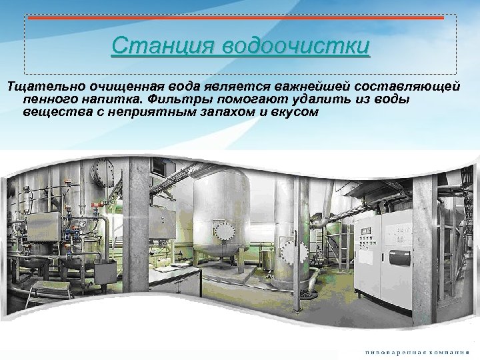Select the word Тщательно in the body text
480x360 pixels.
coord(41,87)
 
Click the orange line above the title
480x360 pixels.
coord(240,19)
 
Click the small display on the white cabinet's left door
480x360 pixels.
coord(366,231)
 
